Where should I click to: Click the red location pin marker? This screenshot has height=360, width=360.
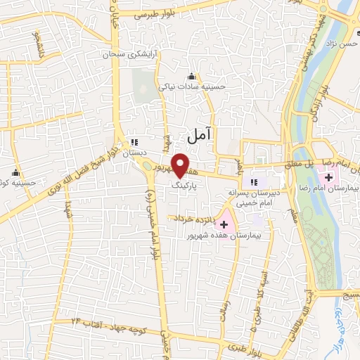point(180,165)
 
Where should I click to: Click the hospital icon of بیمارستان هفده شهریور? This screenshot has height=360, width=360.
point(224,226)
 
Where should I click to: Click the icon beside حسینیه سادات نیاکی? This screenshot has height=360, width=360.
point(191,77)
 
